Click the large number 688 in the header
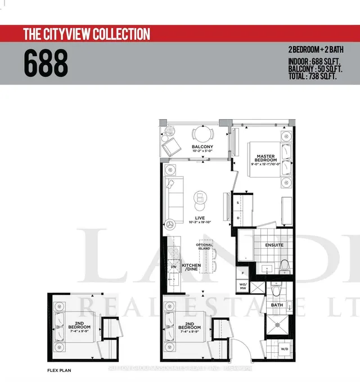point(46,63)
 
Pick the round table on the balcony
point(201,135)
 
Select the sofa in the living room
point(170,199)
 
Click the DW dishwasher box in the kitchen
point(173,267)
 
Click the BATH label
point(276,305)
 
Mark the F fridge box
point(242,272)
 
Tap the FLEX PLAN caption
point(60,371)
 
